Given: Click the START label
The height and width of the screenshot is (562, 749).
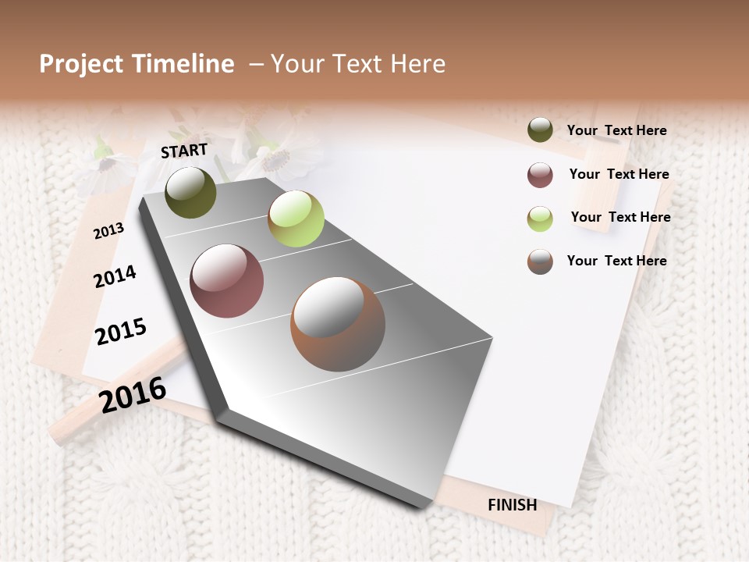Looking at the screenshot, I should click(184, 151).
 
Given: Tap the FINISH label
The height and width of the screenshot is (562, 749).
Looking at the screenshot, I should click(513, 505).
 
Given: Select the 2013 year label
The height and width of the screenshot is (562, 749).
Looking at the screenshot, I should click(109, 231).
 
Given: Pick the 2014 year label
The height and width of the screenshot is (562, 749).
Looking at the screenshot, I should click(115, 276).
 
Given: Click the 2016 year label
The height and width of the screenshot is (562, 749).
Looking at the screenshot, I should click(133, 394).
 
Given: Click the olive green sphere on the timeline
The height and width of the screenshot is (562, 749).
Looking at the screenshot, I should click(190, 192).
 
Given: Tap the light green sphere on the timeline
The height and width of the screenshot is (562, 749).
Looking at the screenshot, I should click(296, 219).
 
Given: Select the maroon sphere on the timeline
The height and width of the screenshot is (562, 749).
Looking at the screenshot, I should click(226, 281).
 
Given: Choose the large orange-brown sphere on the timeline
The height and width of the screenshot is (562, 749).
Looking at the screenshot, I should click(338, 324).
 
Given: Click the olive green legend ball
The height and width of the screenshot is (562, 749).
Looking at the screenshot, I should click(540, 130).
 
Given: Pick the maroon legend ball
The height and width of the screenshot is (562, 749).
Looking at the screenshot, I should click(540, 175).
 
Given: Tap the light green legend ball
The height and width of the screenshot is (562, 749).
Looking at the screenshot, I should click(540, 218).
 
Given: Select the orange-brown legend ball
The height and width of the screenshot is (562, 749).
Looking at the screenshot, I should click(540, 261).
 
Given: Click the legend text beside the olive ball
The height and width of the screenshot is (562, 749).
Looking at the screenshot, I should click(616, 130).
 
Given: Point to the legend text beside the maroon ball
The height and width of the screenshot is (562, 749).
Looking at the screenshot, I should click(619, 174).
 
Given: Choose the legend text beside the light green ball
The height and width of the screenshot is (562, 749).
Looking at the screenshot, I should click(620, 217).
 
